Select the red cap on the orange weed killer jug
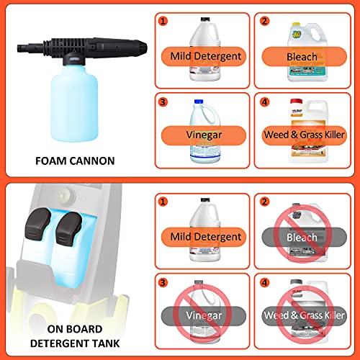(x=291, y=102)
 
